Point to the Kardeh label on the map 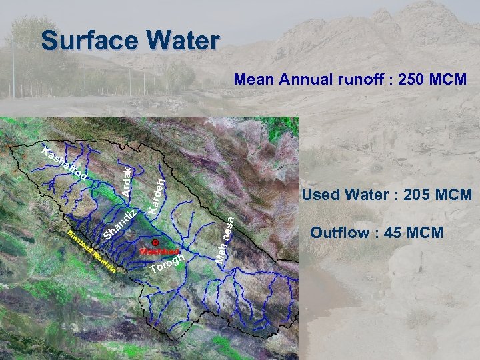point(157,194)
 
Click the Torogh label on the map point(166,264)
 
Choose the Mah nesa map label point(225,236)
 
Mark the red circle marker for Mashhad point(155,243)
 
